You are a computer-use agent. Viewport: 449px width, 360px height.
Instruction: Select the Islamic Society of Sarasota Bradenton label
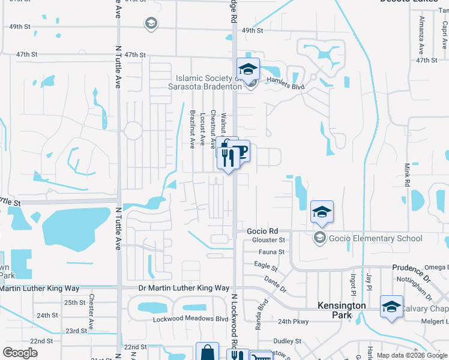point(208,82)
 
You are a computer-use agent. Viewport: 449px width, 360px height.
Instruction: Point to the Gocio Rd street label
point(263,231)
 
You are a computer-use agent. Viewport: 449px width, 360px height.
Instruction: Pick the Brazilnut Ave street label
point(193,129)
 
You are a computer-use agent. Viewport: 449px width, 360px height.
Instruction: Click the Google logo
point(20,352)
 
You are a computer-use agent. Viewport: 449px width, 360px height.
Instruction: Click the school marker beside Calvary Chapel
point(391,308)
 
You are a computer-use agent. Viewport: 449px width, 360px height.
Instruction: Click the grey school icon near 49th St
point(151,23)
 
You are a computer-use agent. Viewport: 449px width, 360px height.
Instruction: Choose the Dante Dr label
point(276,284)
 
